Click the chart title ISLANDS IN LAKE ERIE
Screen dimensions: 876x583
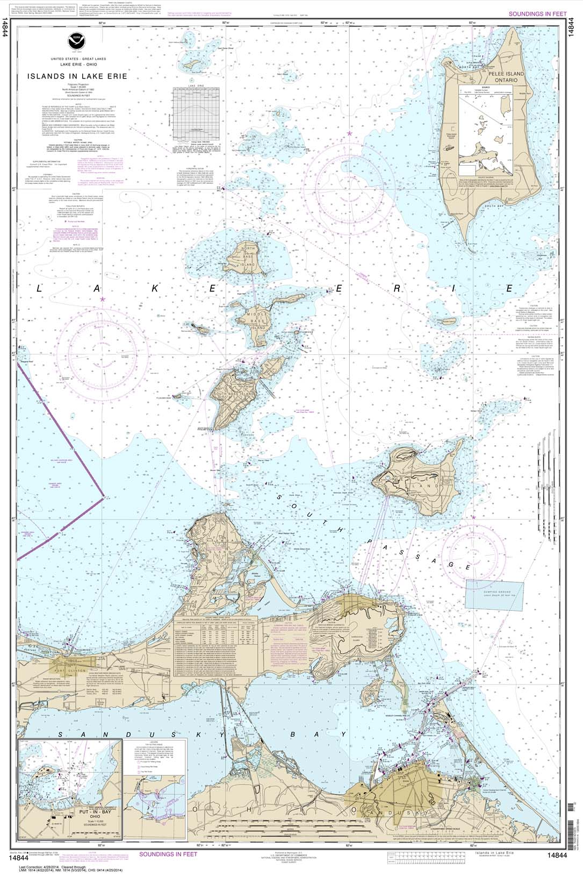pos(77,76)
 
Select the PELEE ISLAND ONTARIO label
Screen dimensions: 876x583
pos(499,76)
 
